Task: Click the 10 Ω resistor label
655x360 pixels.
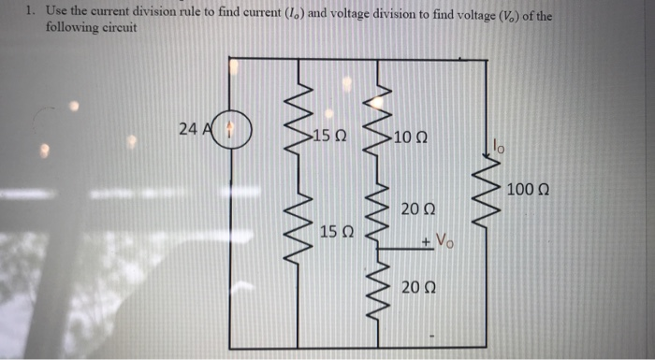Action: point(412,138)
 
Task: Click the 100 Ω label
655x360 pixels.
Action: point(528,191)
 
